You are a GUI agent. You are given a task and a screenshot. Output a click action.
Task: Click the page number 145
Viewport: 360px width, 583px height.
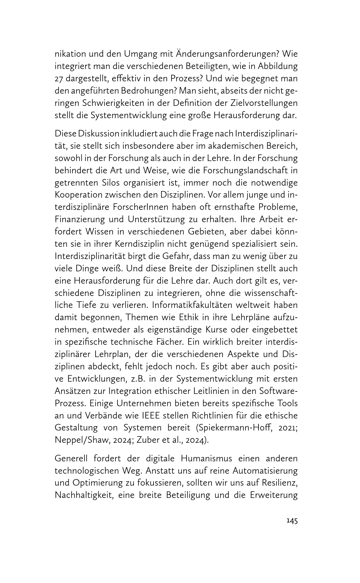click(x=292, y=521)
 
